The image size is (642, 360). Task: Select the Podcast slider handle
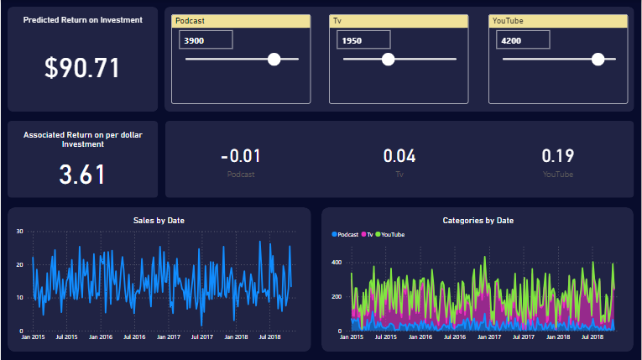274,59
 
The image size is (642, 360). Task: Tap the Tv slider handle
388,59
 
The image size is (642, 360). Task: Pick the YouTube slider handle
598,59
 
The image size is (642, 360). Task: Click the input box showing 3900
206,39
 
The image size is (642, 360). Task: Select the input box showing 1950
363,39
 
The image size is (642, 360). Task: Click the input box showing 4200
522,39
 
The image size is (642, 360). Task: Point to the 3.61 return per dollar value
82,175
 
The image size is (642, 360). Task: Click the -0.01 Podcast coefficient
240,156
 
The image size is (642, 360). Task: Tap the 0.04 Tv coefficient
399,156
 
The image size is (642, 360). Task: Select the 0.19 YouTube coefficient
558,156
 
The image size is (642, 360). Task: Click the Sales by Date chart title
159,220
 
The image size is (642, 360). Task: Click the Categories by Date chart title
478,220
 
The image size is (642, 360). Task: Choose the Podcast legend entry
345,234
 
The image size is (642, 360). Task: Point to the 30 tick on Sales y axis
19,231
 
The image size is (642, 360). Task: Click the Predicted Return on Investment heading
82,19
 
